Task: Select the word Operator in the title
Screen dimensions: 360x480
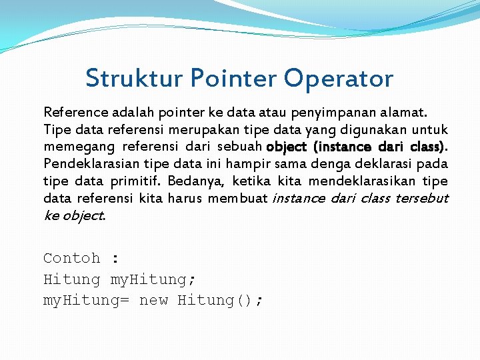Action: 338,79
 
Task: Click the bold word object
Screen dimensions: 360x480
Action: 287,146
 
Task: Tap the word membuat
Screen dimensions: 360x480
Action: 238,198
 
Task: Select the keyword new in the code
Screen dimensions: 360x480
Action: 153,301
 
